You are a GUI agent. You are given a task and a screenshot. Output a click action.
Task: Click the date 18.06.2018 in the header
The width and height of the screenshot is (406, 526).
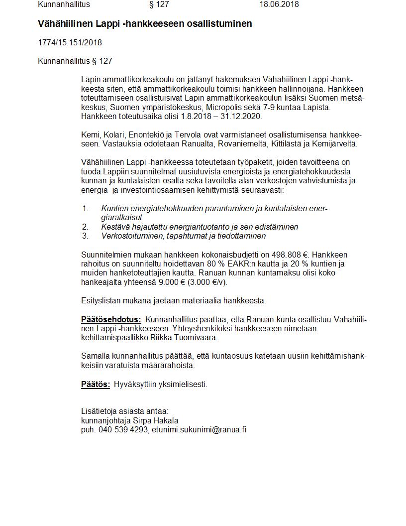[279, 4]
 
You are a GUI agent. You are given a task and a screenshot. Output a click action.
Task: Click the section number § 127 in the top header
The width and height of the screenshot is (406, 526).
[159, 4]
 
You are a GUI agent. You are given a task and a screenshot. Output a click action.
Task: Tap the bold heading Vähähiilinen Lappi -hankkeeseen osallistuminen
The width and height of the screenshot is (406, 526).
[145, 24]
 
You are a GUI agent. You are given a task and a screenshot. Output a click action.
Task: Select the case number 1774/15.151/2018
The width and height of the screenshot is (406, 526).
[70, 43]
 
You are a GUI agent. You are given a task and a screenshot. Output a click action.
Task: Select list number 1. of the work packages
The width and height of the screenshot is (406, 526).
[85, 209]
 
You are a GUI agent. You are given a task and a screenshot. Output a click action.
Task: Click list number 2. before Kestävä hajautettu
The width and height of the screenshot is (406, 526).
[85, 227]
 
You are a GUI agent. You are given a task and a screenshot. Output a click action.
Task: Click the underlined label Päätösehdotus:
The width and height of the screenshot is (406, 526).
[111, 319]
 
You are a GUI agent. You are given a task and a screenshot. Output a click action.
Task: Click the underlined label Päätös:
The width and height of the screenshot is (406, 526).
[96, 385]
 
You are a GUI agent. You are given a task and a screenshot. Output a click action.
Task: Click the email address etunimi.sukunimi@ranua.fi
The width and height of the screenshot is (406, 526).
[199, 429]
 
